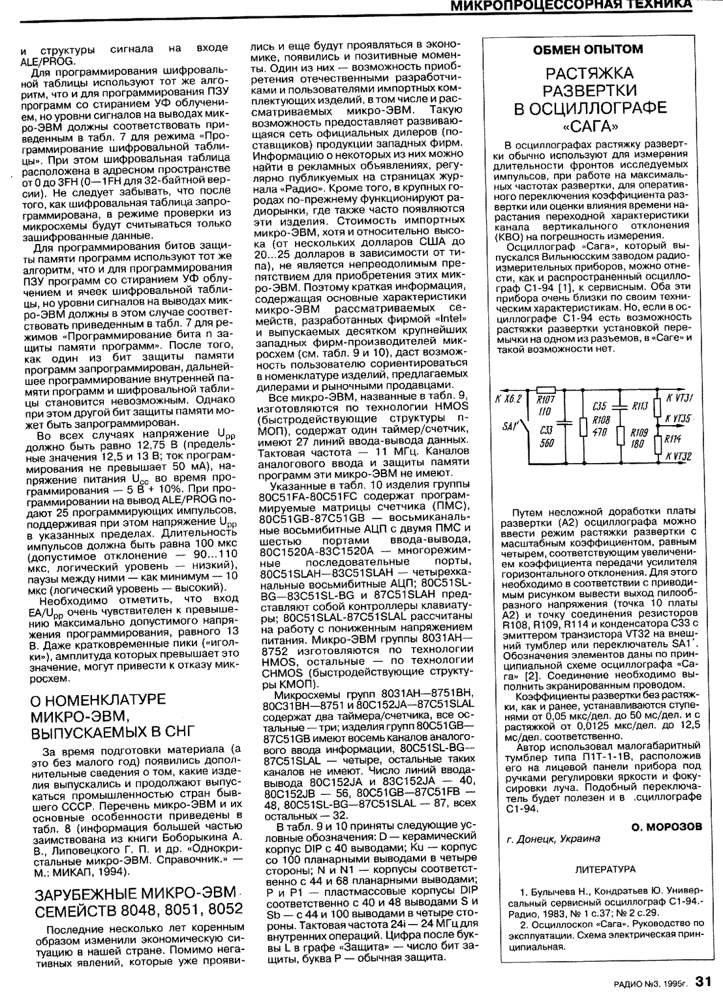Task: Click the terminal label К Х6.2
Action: (509, 398)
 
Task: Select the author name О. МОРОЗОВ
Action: (666, 826)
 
